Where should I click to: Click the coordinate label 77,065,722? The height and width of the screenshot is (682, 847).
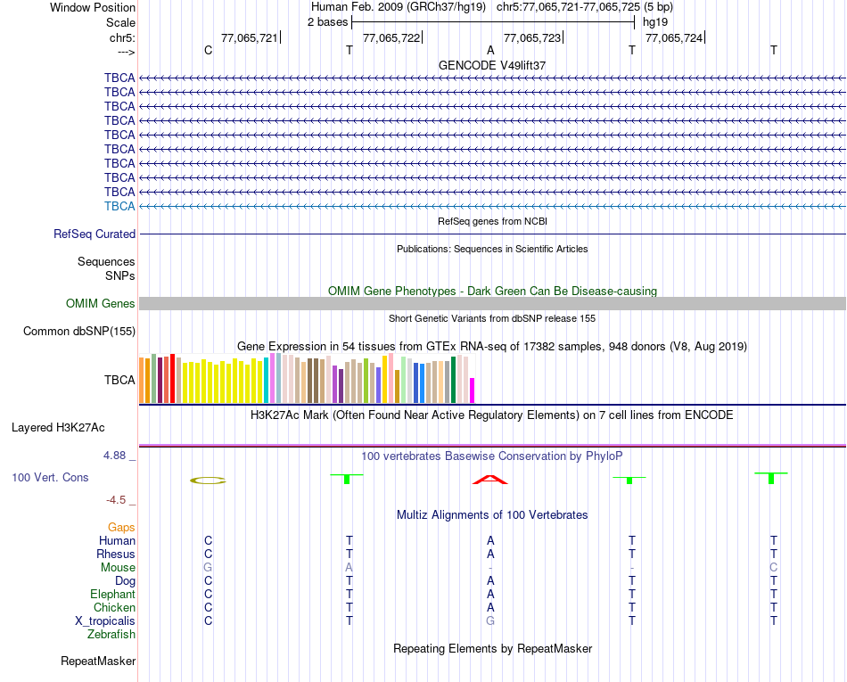point(391,37)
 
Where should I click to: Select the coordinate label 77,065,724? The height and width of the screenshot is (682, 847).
point(673,37)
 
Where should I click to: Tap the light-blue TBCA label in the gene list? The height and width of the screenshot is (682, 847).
point(119,206)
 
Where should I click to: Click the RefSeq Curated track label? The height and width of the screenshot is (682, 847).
point(95,234)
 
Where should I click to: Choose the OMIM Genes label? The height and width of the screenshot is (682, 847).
point(101,303)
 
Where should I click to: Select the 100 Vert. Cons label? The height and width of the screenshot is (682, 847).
point(50,478)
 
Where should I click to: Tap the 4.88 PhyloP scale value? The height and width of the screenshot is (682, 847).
point(118,456)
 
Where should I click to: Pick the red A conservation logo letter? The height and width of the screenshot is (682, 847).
point(489,481)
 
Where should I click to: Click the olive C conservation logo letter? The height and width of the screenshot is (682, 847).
point(209,481)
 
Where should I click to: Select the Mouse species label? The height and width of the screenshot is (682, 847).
point(118,567)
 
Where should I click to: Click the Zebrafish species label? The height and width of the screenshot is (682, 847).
point(111,634)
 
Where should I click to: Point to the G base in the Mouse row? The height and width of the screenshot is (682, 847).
point(208,567)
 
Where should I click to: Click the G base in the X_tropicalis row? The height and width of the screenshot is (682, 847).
point(489,620)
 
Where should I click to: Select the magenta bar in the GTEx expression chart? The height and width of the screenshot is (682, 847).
point(473,390)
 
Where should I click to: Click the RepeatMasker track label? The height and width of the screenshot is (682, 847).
point(98,661)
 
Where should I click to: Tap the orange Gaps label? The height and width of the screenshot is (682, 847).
point(121,527)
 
